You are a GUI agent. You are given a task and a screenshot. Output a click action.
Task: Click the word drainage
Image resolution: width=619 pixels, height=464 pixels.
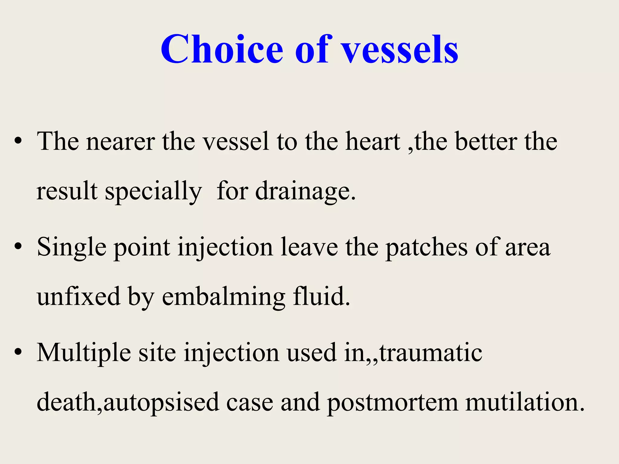(x=305, y=192)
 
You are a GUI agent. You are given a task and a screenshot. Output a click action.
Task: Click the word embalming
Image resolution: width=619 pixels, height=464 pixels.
(x=223, y=298)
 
